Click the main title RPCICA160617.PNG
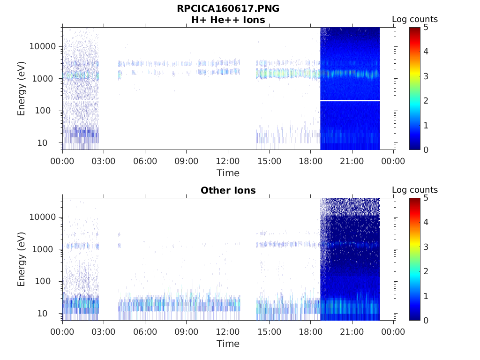[x=228, y=9]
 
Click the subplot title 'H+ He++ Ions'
[x=228, y=20]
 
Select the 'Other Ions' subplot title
[x=228, y=191]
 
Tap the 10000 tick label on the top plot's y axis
[x=43, y=46]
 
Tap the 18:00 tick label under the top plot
[x=310, y=162]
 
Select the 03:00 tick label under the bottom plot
[x=104, y=332]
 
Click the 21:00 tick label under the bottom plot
[x=352, y=332]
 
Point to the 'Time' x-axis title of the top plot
[x=228, y=173]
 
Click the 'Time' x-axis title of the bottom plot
[x=228, y=344]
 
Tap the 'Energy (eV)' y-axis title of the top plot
[x=22, y=89]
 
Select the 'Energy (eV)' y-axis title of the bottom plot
[x=22, y=259]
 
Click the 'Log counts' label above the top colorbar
[x=414, y=20]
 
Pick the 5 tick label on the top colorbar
[x=426, y=27]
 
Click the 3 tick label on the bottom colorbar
[x=426, y=247]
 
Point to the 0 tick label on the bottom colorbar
[x=426, y=320]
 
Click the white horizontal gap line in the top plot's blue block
[x=350, y=100]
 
